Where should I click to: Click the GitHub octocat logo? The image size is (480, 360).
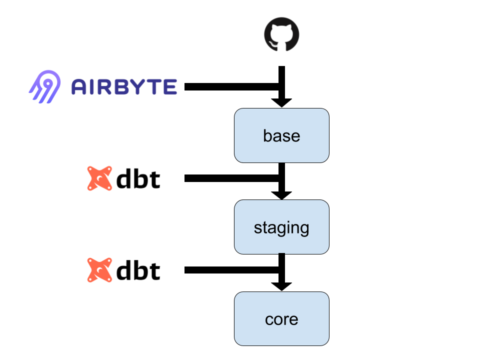281,34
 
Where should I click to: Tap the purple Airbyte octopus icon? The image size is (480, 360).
45,86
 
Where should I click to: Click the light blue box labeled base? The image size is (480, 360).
281,135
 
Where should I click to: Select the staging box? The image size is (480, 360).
281,227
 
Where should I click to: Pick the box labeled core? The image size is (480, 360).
281,319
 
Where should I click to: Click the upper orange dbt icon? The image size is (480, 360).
100,178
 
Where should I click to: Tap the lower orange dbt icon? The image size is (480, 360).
100,270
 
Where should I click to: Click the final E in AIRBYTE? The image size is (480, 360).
169,87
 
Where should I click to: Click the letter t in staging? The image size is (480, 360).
265,227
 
